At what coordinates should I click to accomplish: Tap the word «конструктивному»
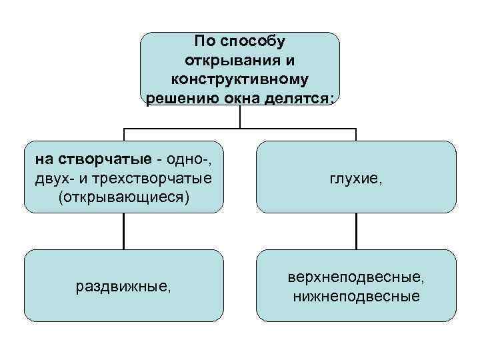239,79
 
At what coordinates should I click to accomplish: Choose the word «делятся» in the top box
295,99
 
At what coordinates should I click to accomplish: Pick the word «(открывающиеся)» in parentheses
124,197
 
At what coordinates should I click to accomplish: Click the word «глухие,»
356,178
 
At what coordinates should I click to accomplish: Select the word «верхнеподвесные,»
356,276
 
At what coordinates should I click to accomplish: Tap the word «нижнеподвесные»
356,295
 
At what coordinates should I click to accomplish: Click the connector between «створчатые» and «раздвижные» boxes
123,231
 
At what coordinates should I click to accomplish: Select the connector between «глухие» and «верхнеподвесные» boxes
356,231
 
